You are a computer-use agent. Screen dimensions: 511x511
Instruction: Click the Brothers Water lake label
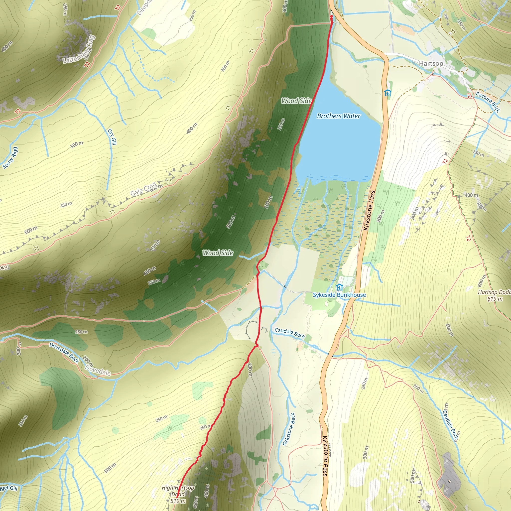[x=339, y=116]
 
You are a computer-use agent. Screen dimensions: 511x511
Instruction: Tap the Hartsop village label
[x=431, y=63]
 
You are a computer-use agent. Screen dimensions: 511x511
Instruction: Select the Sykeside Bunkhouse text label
[x=339, y=295]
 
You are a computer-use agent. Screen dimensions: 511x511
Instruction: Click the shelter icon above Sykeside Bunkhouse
[x=339, y=287]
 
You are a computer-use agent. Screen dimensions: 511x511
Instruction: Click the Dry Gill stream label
[x=112, y=137]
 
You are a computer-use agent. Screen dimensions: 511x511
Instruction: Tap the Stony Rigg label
[x=10, y=158]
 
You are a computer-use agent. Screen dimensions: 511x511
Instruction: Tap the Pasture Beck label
[x=488, y=102]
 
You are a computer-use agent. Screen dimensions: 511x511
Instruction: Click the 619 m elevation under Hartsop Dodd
[x=495, y=299]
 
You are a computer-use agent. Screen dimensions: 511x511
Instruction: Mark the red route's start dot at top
[x=331, y=17]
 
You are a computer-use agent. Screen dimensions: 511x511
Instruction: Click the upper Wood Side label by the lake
[x=296, y=101]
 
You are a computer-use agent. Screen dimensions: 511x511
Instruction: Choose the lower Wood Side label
[x=218, y=253]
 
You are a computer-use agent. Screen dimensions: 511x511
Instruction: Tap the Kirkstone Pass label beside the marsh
[x=370, y=210]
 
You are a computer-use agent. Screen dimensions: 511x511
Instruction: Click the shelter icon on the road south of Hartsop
[x=387, y=93]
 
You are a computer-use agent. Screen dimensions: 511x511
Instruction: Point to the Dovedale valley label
[x=98, y=370]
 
